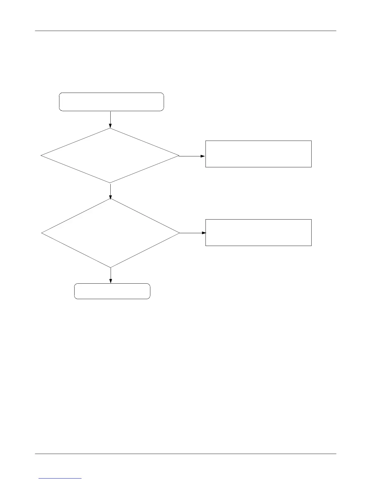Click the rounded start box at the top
click(x=111, y=102)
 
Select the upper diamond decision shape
click(x=110, y=156)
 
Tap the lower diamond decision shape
click(x=111, y=233)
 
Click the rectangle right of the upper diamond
click(x=258, y=154)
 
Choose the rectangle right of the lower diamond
click(x=258, y=232)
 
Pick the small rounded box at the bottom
click(x=112, y=291)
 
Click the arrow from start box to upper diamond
click(x=110, y=120)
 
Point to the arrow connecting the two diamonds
click(x=110, y=191)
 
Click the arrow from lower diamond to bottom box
click(x=111, y=275)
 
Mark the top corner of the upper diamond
click(x=110, y=128)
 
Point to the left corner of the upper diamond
click(x=41, y=156)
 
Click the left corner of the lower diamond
click(x=42, y=233)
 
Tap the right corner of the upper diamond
click(x=179, y=156)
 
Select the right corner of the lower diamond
click(x=179, y=233)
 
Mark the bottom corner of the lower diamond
click(x=111, y=268)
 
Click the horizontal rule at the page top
click(x=185, y=31)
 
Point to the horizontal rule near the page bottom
click(x=185, y=454)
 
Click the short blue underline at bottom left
click(x=60, y=478)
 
